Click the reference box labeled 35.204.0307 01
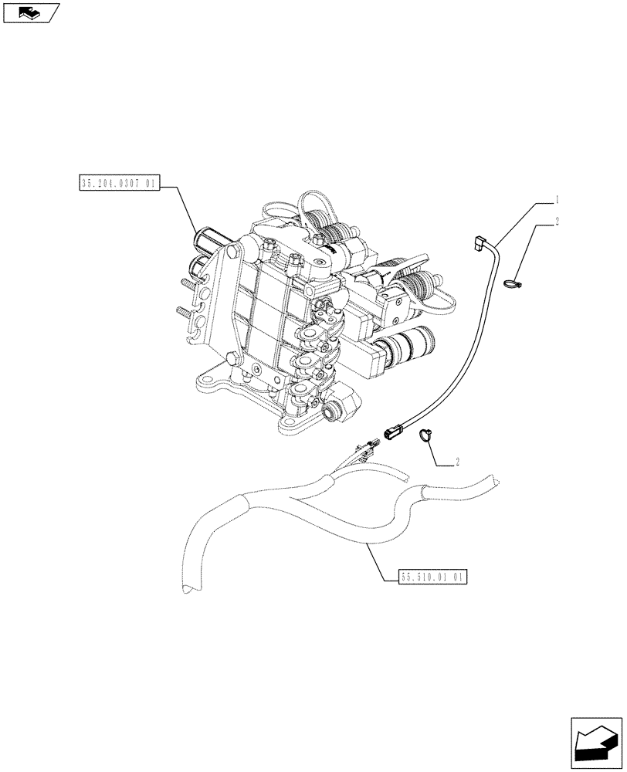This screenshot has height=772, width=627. click(119, 184)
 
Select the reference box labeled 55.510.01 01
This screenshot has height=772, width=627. click(433, 576)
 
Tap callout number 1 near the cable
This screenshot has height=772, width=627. click(555, 199)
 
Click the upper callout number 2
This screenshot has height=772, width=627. click(555, 223)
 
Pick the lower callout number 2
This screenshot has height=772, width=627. click(458, 462)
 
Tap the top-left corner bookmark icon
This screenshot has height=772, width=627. click(31, 12)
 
